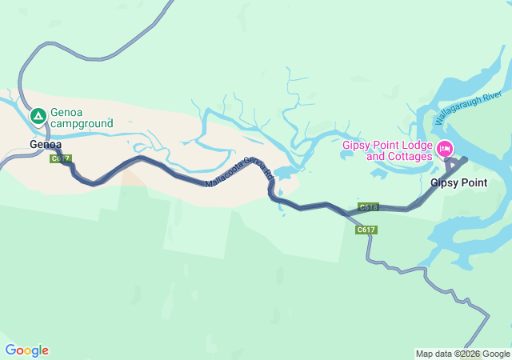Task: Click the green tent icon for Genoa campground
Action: (x=38, y=117)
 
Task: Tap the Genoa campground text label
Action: (x=81, y=118)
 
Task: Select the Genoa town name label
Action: (x=45, y=145)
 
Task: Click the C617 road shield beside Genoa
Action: (x=60, y=158)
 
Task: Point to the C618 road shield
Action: (x=368, y=206)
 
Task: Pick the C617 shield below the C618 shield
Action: (x=366, y=230)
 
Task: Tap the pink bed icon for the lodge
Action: (x=444, y=149)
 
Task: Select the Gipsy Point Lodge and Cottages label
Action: (x=387, y=150)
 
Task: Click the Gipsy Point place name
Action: (x=458, y=182)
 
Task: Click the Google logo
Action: (x=26, y=350)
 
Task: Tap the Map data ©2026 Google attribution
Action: (x=462, y=354)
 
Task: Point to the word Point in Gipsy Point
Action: (x=473, y=182)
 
